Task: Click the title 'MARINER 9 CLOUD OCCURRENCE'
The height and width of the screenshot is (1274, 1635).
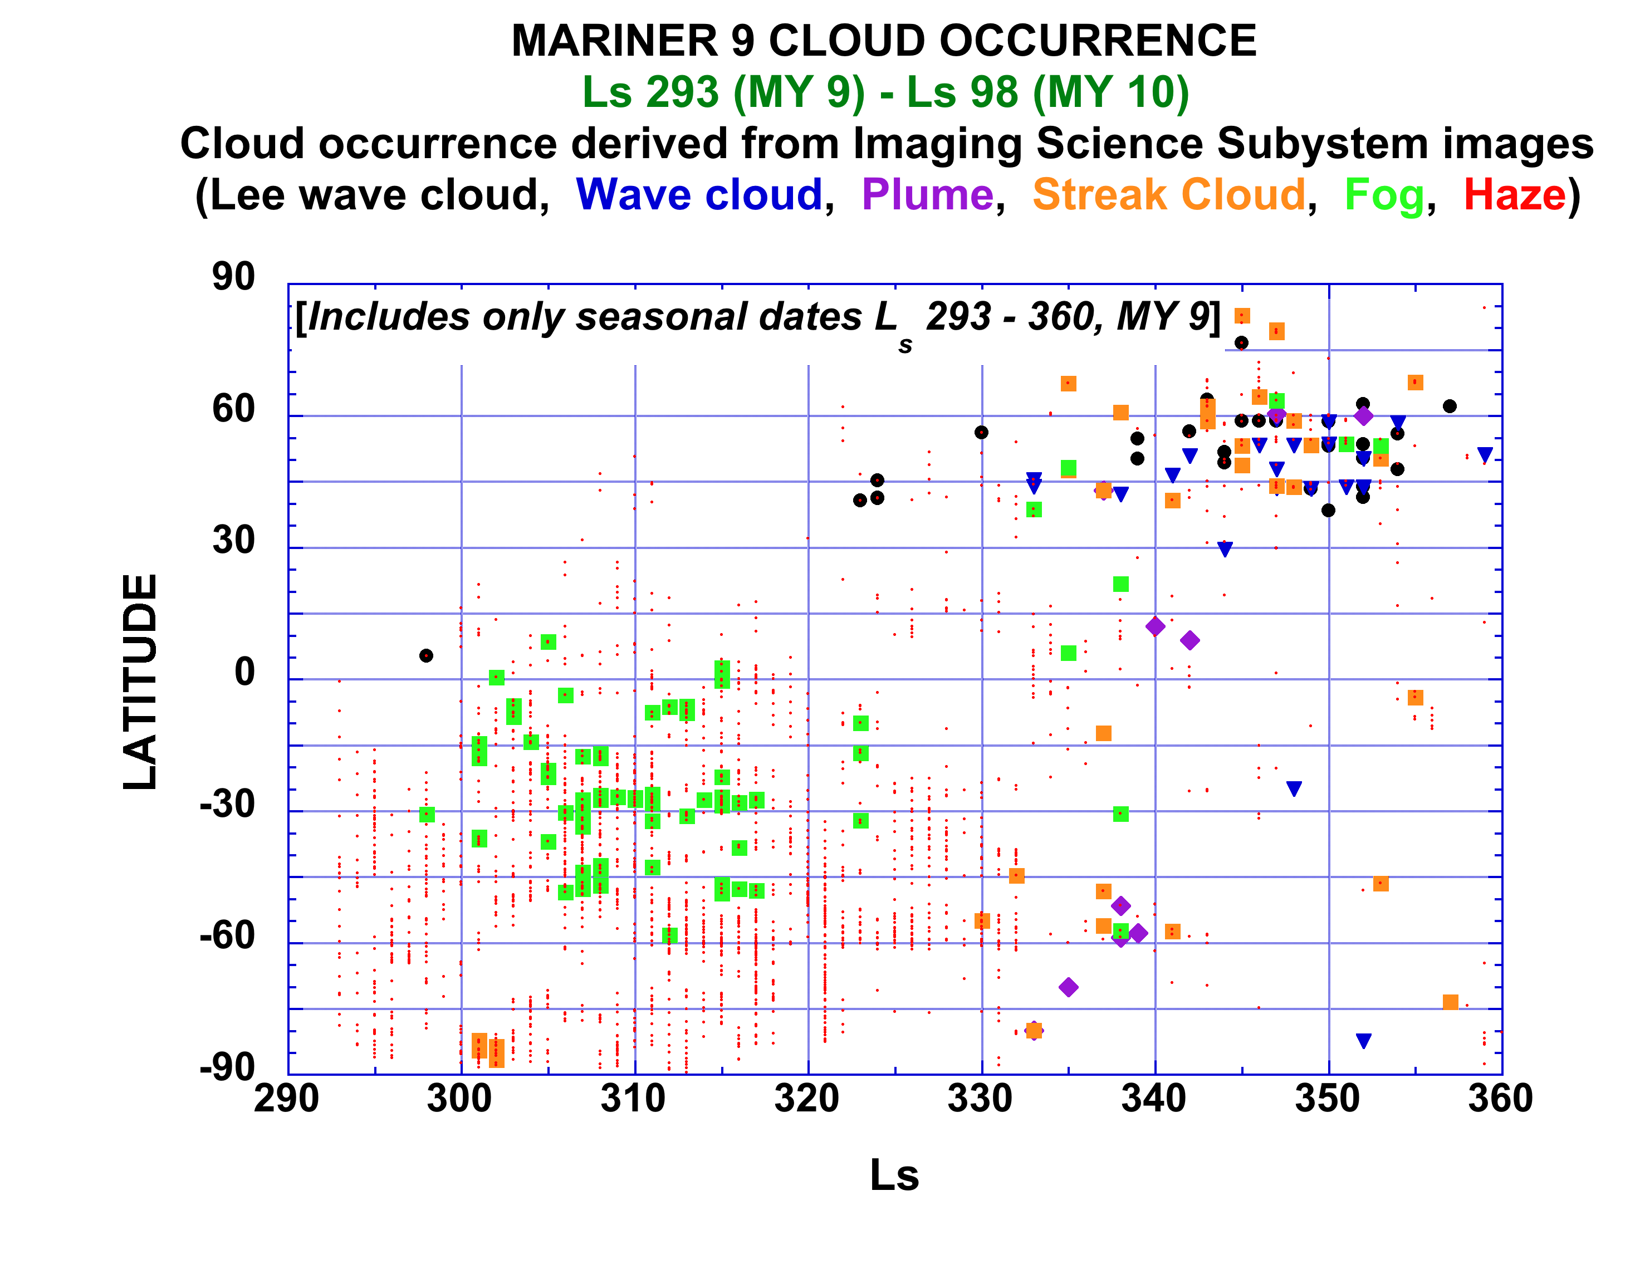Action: coord(883,41)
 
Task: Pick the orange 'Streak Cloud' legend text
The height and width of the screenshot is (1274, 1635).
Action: coord(1168,195)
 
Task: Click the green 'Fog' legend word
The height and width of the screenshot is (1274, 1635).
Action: coord(1384,195)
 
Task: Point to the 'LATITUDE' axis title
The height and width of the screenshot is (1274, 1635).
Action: coord(141,680)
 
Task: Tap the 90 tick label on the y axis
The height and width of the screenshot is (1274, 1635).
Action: coord(233,277)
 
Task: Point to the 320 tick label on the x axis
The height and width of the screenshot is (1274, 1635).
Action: coord(807,1099)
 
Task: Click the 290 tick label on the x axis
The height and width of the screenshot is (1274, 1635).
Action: coord(287,1099)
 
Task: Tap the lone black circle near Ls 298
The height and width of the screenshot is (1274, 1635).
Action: coord(426,656)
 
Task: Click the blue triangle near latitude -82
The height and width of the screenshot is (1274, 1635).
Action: coord(1363,1041)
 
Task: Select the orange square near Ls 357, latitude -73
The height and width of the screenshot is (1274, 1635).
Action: coord(1450,1002)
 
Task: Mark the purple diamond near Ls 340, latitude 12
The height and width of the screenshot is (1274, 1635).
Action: coord(1155,626)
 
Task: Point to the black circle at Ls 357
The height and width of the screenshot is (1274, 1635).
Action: coord(1450,406)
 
